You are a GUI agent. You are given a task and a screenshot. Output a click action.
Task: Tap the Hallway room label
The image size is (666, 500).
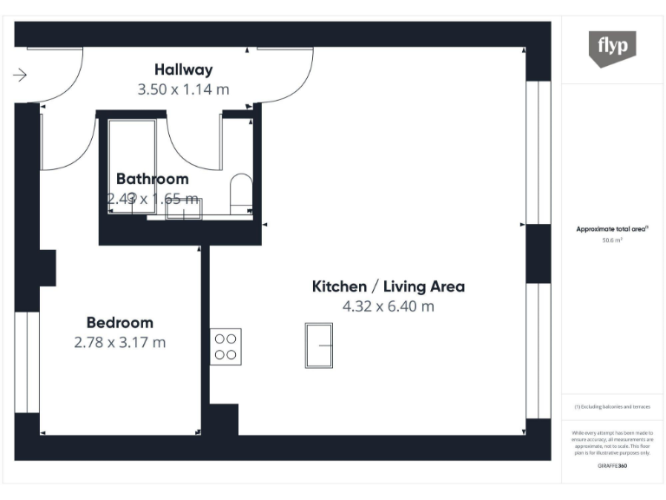tap(183, 69)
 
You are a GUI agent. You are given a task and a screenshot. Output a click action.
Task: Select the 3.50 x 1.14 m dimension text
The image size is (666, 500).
tap(183, 89)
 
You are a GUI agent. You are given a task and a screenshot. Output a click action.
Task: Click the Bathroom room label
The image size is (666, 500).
tap(152, 179)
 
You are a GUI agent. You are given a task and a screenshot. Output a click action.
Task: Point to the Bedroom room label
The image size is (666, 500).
tap(120, 322)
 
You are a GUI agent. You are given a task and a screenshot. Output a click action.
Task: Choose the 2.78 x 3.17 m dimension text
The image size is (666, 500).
tap(120, 342)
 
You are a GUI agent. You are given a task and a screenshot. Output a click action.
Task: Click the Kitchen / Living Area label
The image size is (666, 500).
tap(388, 286)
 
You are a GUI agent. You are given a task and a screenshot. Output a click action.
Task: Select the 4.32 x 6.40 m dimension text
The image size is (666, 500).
tap(388, 306)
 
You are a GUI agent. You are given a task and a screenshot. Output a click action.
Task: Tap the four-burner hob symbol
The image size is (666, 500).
tap(225, 346)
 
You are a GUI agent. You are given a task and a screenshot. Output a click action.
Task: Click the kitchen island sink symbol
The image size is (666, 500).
tap(319, 345)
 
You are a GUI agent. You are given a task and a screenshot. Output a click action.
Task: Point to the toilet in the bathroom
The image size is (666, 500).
tap(241, 191)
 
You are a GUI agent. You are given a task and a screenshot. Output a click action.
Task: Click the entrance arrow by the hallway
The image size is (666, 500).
tap(21, 76)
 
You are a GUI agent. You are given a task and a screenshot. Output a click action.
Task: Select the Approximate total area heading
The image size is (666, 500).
tap(612, 229)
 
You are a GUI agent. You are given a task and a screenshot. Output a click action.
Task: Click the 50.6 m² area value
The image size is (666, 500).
tap(612, 240)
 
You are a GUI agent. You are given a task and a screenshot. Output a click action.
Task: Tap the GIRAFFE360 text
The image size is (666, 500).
tap(612, 466)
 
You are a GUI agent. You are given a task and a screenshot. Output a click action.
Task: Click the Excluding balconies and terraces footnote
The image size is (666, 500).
tap(612, 406)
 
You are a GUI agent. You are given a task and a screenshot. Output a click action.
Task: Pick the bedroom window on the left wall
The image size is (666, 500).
tap(27, 362)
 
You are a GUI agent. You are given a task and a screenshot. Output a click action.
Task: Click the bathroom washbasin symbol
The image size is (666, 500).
tap(184, 208)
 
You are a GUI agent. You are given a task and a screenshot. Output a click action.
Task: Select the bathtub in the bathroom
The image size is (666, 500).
tap(131, 165)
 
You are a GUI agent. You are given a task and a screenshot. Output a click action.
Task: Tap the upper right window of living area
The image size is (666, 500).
tap(539, 152)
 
